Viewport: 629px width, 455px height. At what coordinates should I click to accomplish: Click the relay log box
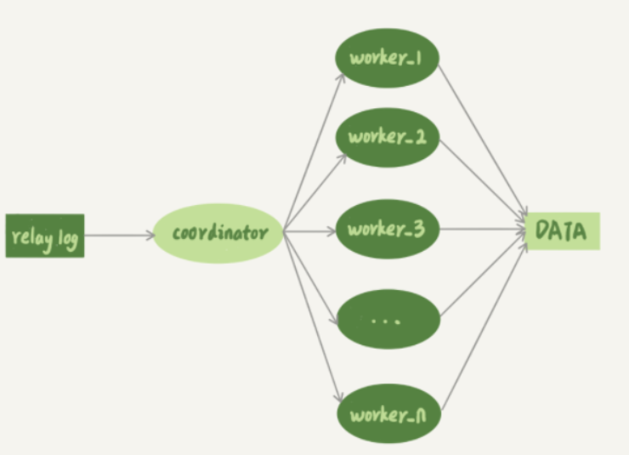(45, 236)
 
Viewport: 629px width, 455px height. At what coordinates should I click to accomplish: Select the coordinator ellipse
(218, 232)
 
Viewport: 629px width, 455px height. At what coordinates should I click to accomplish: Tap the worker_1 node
(387, 57)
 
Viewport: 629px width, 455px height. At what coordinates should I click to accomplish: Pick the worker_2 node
(387, 137)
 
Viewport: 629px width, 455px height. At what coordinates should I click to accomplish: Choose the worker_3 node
(387, 228)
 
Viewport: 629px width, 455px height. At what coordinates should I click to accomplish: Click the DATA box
(562, 230)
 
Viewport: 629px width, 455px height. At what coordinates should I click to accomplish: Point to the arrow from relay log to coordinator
(119, 235)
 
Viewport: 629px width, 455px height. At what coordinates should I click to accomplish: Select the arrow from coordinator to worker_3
(309, 230)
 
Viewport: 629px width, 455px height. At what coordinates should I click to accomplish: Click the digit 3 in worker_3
(419, 228)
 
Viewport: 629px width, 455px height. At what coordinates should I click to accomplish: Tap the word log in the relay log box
(68, 239)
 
